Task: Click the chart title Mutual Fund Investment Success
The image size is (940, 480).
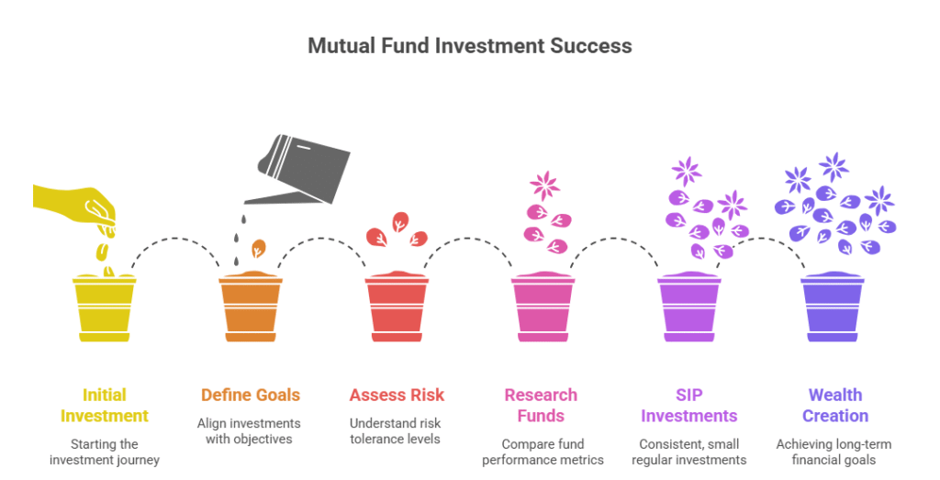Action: (x=469, y=46)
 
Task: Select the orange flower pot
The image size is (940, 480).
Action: (x=251, y=307)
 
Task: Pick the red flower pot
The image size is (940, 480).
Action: (x=397, y=307)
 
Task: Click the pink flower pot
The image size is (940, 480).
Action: (x=543, y=307)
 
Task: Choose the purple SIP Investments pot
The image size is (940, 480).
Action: (x=689, y=307)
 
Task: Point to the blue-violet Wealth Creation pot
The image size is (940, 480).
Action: (x=834, y=307)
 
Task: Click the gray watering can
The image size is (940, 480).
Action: (x=298, y=169)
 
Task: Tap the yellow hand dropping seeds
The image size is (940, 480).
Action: (x=75, y=206)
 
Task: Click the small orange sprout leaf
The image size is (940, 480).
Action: (x=258, y=249)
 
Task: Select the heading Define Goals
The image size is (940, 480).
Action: (x=251, y=395)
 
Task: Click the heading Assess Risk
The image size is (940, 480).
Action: (x=397, y=395)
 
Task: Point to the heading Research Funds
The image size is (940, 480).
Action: (x=541, y=405)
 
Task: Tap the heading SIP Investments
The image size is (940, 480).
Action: (x=688, y=405)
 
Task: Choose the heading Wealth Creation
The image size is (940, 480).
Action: (x=835, y=405)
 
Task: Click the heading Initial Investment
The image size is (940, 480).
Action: (x=105, y=405)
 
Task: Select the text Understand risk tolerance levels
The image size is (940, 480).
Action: (x=395, y=430)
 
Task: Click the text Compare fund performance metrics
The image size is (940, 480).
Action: (x=543, y=452)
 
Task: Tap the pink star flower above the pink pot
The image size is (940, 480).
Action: (x=545, y=185)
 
